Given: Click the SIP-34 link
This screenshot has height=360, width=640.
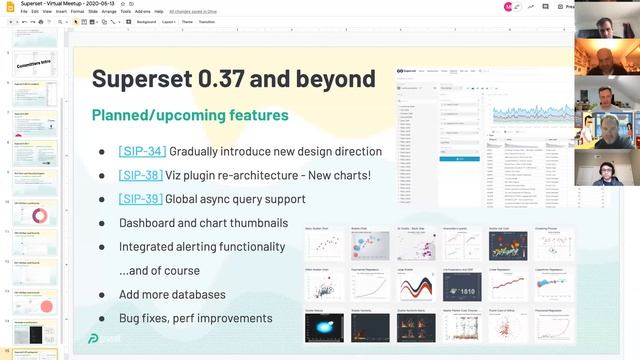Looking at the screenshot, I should point(142,151).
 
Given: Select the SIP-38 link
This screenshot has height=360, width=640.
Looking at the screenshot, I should point(142,174).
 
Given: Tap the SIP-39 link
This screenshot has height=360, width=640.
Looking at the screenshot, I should point(140,199).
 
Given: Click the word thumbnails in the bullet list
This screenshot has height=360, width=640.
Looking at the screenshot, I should point(259,222).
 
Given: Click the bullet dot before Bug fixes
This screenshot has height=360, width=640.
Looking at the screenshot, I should point(101,319).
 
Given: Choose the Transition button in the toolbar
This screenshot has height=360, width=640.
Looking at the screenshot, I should point(207,21).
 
